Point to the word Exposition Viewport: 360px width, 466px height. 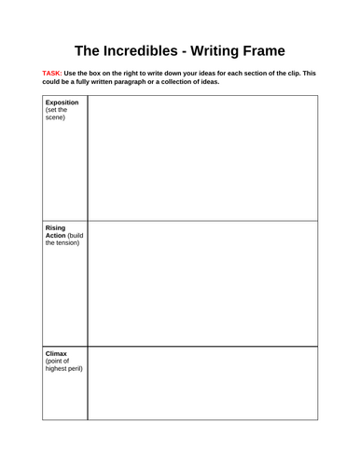[x=62, y=102]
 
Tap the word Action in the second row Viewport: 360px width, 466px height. [x=56, y=236]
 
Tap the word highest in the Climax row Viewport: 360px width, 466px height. [x=57, y=370]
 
